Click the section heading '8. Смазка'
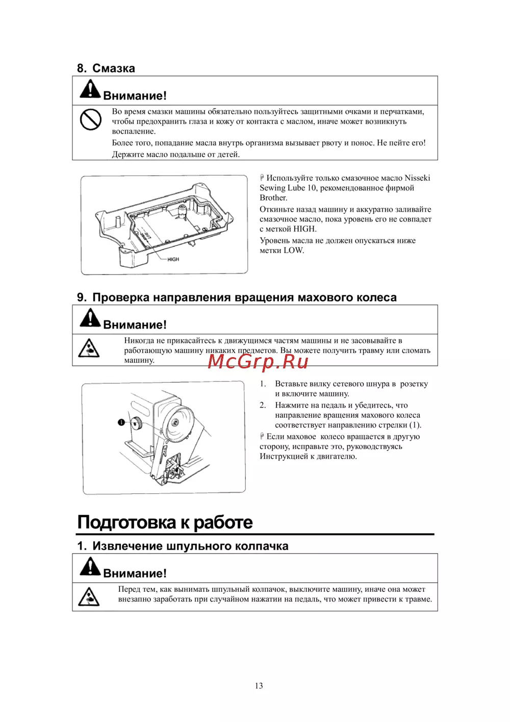[x=106, y=68]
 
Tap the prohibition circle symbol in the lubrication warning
[x=91, y=120]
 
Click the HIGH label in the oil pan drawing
[x=173, y=259]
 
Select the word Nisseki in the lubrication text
[x=417, y=178]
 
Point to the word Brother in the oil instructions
[x=273, y=198]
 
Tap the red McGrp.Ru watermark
[x=258, y=361]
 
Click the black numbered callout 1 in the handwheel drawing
[x=121, y=422]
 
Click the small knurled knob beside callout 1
[x=137, y=422]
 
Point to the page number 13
[x=259, y=686]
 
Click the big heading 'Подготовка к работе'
[x=165, y=522]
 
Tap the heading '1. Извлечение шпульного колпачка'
[x=183, y=546]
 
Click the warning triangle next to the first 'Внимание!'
[x=90, y=89]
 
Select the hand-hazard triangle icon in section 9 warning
[x=89, y=348]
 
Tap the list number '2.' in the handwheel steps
[x=263, y=405]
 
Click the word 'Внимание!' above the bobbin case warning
[x=135, y=574]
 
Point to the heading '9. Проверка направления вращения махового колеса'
[x=237, y=297]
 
